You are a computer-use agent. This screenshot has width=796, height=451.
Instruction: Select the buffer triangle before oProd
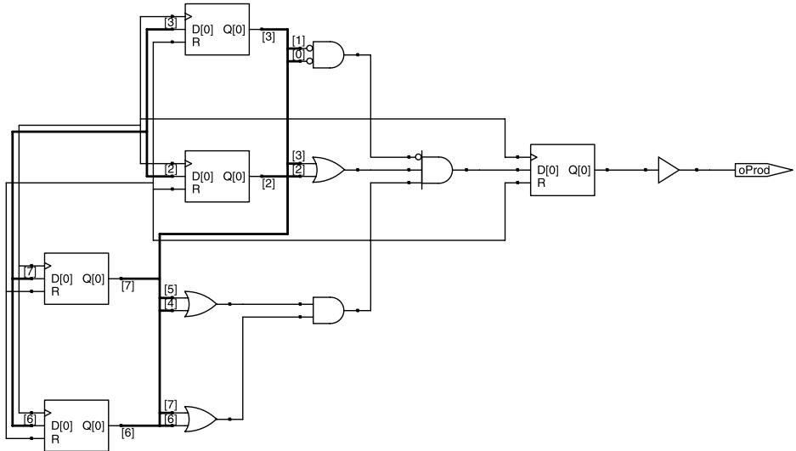(668, 170)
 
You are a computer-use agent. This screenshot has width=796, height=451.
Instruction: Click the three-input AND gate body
(438, 170)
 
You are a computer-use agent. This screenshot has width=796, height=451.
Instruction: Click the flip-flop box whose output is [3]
(217, 30)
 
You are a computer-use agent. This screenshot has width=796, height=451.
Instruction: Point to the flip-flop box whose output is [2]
(217, 176)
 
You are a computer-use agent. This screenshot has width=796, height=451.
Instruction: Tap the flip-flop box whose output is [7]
(76, 279)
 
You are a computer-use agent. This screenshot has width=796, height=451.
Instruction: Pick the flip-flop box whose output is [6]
(76, 426)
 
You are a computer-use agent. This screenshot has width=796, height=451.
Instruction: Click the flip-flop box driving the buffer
(562, 170)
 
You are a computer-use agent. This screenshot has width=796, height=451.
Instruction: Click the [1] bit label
(298, 41)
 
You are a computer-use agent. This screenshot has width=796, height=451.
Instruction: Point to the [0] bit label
(298, 54)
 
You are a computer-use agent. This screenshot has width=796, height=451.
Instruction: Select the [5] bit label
(171, 290)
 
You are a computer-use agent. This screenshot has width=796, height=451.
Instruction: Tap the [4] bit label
(171, 303)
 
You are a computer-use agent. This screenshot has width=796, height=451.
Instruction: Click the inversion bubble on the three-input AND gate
(418, 157)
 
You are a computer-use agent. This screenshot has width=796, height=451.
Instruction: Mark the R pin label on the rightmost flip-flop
(541, 183)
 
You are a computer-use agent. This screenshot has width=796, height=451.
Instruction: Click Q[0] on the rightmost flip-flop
(579, 171)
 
